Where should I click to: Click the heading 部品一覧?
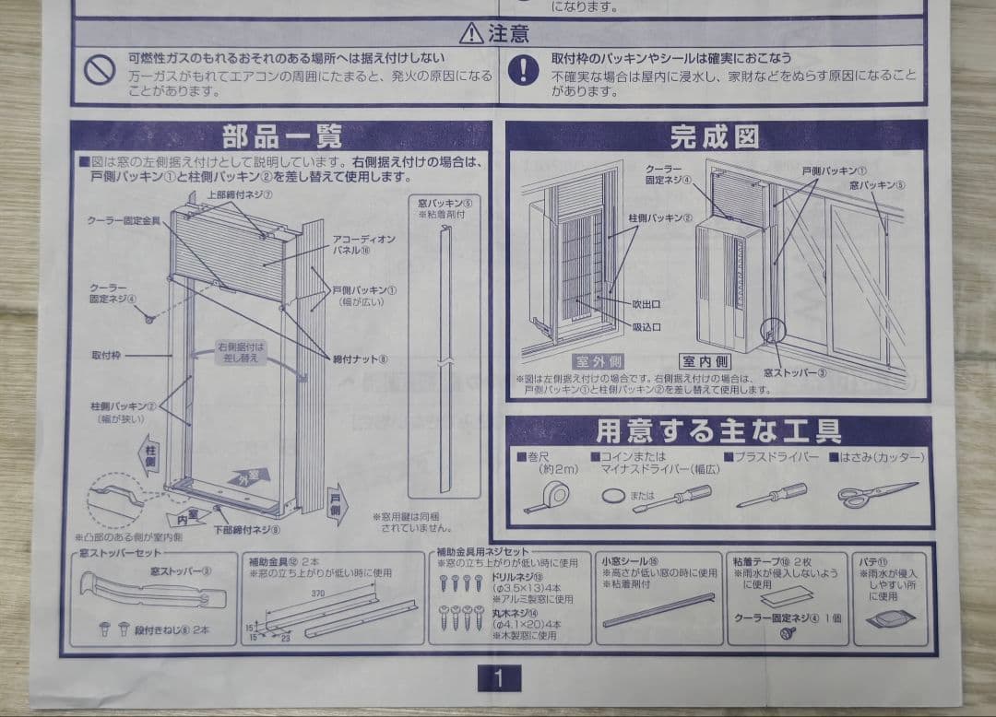[x=281, y=138]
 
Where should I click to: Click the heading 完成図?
[x=715, y=137]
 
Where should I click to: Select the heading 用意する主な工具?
[x=718, y=431]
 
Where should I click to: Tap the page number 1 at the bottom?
[x=498, y=679]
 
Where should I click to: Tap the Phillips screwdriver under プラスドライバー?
[x=772, y=496]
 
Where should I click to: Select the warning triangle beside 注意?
[x=471, y=34]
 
